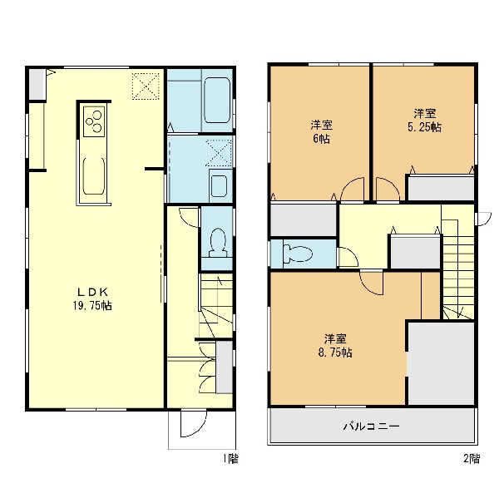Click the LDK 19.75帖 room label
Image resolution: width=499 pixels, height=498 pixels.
coord(92,298)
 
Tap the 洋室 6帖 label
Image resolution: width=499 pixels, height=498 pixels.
coord(321,131)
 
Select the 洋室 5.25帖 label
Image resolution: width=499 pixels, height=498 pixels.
coord(424,121)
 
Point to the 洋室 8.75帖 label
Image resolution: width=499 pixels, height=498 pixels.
coord(335,346)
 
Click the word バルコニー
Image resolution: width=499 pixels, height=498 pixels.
coord(372,426)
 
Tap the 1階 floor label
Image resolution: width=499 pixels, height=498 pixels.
coord(230,459)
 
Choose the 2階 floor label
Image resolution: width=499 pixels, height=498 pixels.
coord(472,459)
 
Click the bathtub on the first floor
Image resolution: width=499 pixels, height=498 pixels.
coord(217,101)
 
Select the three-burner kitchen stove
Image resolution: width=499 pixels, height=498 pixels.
coord(93,121)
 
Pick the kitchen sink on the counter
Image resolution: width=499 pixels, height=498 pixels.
coord(93,175)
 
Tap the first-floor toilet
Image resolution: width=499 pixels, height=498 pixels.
coord(218,243)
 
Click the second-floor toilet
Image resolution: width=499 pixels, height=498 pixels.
coord(298,254)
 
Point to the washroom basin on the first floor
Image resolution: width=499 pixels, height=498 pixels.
coord(219,186)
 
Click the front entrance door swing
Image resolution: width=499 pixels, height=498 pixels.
coord(194,424)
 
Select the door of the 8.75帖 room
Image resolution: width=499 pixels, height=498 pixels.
coord(372,283)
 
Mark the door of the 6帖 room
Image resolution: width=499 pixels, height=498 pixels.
coord(353,190)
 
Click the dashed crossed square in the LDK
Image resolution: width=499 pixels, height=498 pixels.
coord(146,86)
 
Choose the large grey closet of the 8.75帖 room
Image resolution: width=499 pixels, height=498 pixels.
coord(441,363)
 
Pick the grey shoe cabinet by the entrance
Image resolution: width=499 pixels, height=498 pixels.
coord(224,367)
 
